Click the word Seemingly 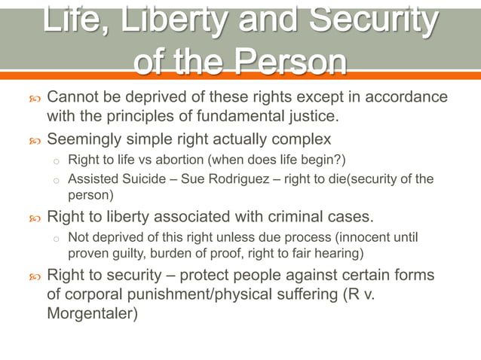coord(85,139)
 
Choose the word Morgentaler coord(92,312)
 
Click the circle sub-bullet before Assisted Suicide coord(56,180)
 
